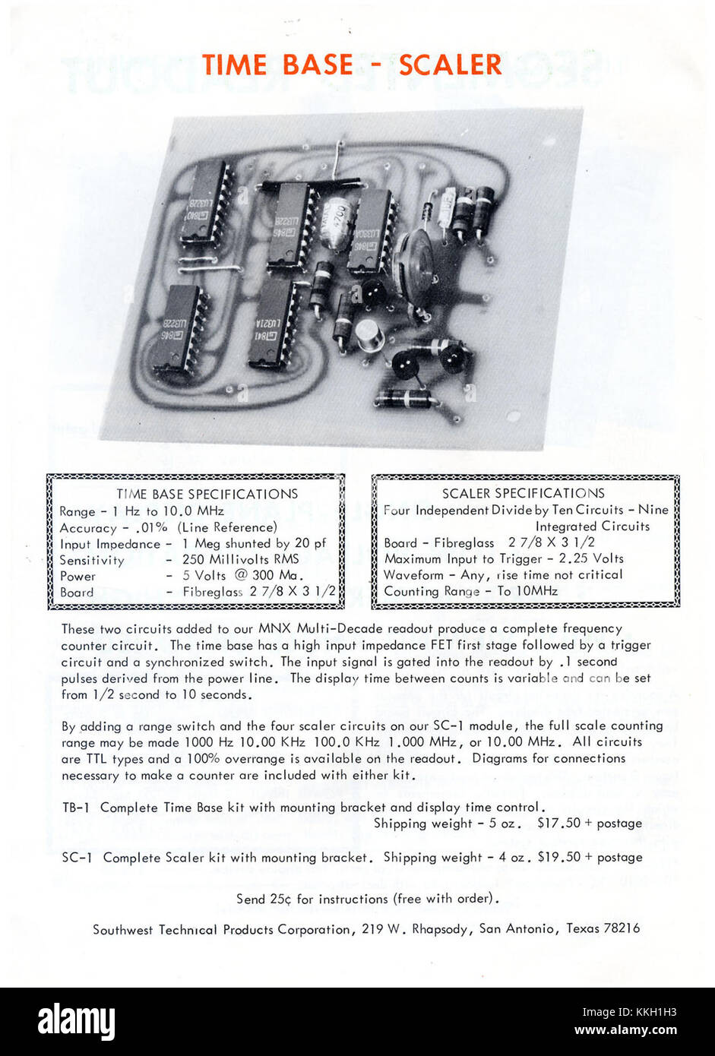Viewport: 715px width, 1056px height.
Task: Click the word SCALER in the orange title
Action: (x=450, y=65)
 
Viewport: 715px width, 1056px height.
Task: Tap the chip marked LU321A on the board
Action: (x=273, y=324)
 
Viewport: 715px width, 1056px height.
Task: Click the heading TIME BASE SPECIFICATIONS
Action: (x=207, y=495)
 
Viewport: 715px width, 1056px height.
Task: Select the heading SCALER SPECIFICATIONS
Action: (x=524, y=494)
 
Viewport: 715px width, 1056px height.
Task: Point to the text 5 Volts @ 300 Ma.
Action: (x=242, y=576)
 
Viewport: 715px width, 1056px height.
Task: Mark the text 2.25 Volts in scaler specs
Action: (x=586, y=558)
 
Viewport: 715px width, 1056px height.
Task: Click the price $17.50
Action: (x=558, y=824)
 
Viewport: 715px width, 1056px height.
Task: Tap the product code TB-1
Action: (x=75, y=808)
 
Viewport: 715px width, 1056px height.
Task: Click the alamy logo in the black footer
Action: (x=76, y=1021)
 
